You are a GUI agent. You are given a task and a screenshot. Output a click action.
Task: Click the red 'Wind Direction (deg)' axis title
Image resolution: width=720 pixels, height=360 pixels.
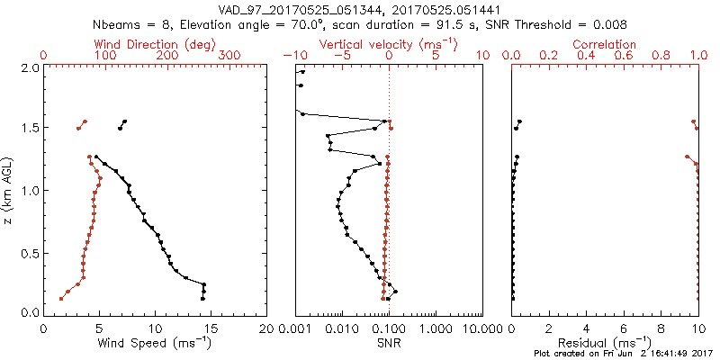156,44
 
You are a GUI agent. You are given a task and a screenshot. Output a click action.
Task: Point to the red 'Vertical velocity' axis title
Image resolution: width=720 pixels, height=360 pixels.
388,44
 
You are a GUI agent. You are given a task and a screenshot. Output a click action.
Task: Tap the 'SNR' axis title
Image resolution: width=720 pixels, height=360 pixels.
389,342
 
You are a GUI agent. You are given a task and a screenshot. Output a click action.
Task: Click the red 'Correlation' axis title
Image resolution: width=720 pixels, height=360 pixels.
605,44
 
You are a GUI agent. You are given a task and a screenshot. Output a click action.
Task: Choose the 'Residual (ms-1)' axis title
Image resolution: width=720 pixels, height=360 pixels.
605,342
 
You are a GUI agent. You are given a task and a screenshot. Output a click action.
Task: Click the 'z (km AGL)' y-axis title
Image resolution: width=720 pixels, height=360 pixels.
9,190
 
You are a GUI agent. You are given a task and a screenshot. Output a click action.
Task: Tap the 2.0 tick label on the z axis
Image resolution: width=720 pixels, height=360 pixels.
29,67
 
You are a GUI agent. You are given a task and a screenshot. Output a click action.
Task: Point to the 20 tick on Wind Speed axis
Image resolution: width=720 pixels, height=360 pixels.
266,328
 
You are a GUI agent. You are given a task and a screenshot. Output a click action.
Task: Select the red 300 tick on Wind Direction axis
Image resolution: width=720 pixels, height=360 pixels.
229,56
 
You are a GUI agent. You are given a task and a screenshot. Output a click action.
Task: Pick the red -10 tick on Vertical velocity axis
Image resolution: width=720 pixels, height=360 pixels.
294,56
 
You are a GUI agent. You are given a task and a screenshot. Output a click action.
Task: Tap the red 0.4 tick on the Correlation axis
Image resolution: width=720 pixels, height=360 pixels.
587,56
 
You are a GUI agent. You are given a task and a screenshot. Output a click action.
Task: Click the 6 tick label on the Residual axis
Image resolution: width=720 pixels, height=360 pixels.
624,328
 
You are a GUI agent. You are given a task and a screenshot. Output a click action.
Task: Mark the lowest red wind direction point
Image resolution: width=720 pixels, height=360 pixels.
61,298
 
